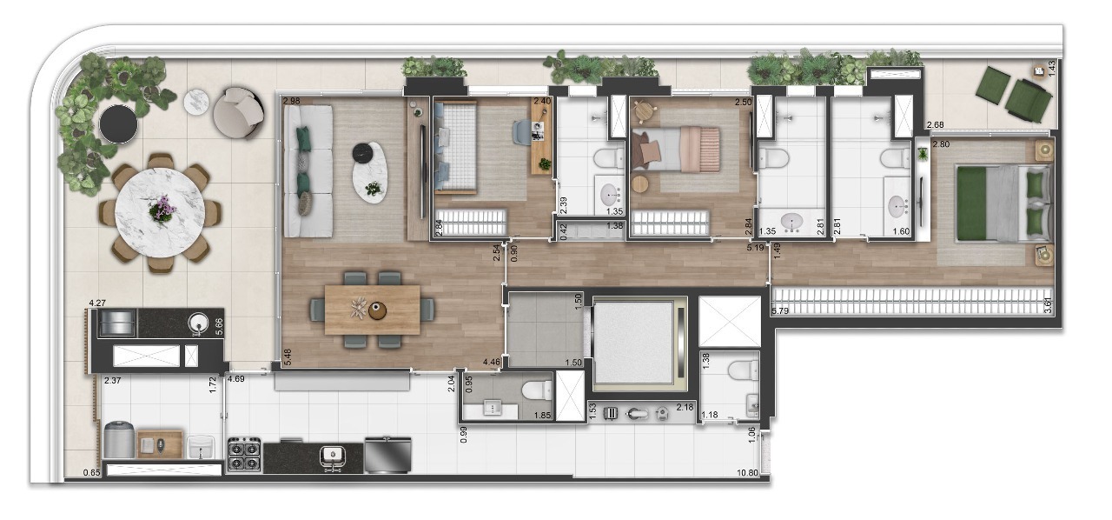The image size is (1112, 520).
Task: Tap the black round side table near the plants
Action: [118, 124]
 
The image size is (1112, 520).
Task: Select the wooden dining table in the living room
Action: [372, 310]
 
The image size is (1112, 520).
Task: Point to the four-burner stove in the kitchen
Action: [245, 455]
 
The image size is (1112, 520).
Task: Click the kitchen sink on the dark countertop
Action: [332, 455]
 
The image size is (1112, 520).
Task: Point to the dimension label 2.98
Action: [292, 102]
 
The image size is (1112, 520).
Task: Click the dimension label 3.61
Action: [1049, 305]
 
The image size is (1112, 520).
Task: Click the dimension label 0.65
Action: [91, 473]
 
